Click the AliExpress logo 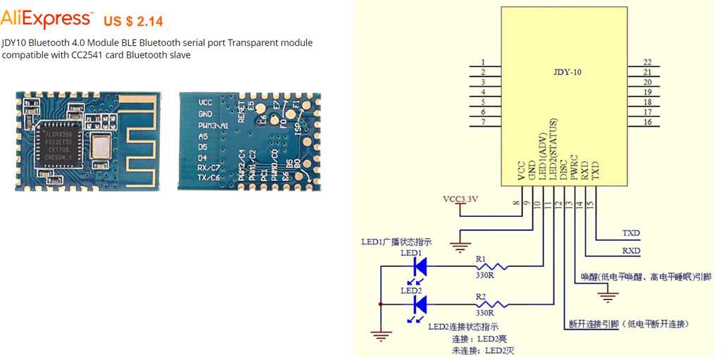pos(46,18)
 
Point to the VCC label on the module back pos(205,103)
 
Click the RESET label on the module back pos(242,112)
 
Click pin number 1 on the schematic pos(483,63)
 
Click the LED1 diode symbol pos(420,266)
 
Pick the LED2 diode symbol pos(420,304)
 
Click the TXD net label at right pos(631,232)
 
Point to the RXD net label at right pos(631,250)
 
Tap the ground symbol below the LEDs pos(381,335)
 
